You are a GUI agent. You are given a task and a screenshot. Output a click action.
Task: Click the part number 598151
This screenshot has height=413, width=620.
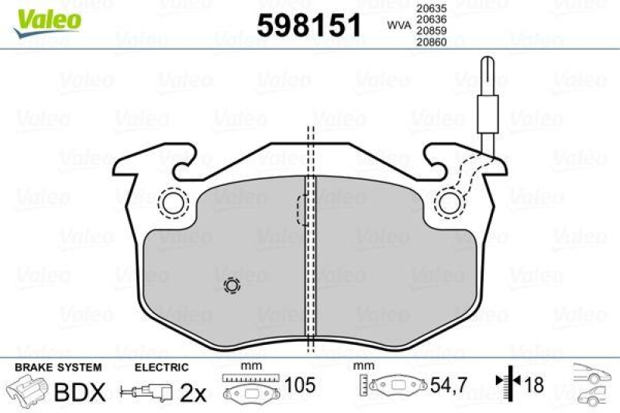[308, 26]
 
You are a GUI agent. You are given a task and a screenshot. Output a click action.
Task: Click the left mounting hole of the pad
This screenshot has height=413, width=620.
[174, 203]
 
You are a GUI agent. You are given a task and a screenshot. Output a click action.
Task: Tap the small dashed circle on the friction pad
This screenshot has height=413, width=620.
[231, 286]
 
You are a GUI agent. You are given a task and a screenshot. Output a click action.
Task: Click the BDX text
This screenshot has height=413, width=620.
[78, 393]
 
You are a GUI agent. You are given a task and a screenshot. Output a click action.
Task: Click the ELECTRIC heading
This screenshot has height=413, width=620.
[161, 367]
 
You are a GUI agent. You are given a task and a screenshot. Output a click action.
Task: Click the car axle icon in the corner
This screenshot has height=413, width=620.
[593, 387]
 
